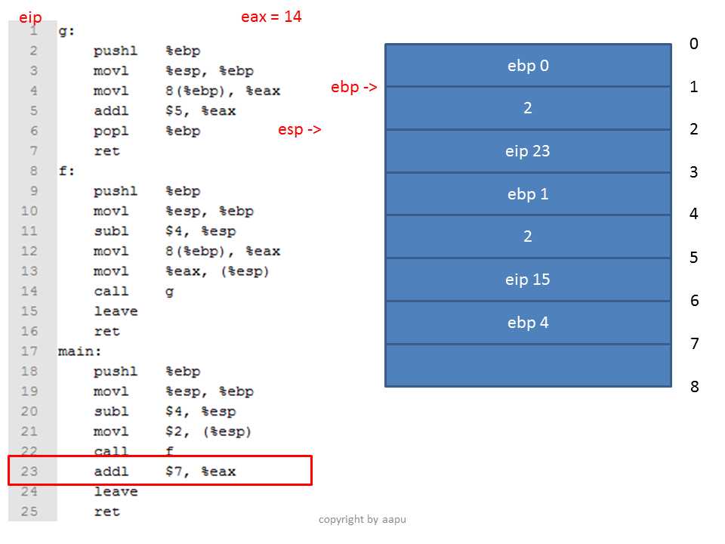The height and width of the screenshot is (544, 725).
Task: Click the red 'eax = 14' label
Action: click(271, 17)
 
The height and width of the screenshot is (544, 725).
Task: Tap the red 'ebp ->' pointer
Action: click(353, 86)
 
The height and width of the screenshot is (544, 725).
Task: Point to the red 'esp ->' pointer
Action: click(299, 129)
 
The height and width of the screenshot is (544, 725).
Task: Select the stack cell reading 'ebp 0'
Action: click(528, 65)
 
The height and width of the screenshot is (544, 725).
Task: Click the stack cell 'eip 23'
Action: click(528, 151)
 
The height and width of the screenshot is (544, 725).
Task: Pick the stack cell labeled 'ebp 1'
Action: click(528, 194)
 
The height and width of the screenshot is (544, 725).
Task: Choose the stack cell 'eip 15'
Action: click(528, 280)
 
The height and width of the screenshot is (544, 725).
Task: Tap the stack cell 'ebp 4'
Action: click(528, 323)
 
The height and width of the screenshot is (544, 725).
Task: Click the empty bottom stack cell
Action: click(528, 366)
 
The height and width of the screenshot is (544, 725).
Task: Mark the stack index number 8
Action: click(694, 386)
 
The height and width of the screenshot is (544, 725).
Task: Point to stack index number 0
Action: click(693, 44)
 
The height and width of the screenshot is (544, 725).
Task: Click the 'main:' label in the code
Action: click(79, 351)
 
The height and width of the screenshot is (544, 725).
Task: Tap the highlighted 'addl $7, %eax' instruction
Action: click(165, 471)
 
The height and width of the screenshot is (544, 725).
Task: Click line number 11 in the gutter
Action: click(29, 231)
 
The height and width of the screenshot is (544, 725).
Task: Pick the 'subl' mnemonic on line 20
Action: click(111, 411)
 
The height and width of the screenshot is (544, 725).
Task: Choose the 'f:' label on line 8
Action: click(66, 171)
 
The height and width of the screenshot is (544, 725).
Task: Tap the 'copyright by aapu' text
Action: click(362, 520)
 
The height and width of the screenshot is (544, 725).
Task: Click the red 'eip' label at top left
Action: click(30, 17)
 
